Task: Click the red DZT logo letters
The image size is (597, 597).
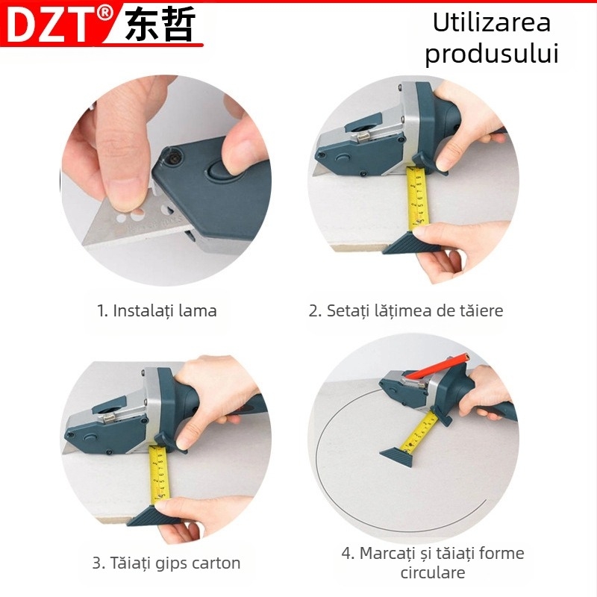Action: click(x=52, y=24)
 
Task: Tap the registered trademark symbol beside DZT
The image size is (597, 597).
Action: click(x=105, y=13)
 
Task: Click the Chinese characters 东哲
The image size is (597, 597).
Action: click(x=160, y=25)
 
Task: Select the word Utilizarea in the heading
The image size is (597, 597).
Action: click(x=492, y=22)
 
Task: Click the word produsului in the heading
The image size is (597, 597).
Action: click(x=492, y=54)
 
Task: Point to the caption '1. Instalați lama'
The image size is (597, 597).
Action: click(x=157, y=310)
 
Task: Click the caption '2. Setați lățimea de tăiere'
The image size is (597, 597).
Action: click(x=406, y=310)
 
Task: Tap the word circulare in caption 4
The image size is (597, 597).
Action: click(x=433, y=573)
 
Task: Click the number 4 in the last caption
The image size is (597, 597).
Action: click(x=346, y=554)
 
